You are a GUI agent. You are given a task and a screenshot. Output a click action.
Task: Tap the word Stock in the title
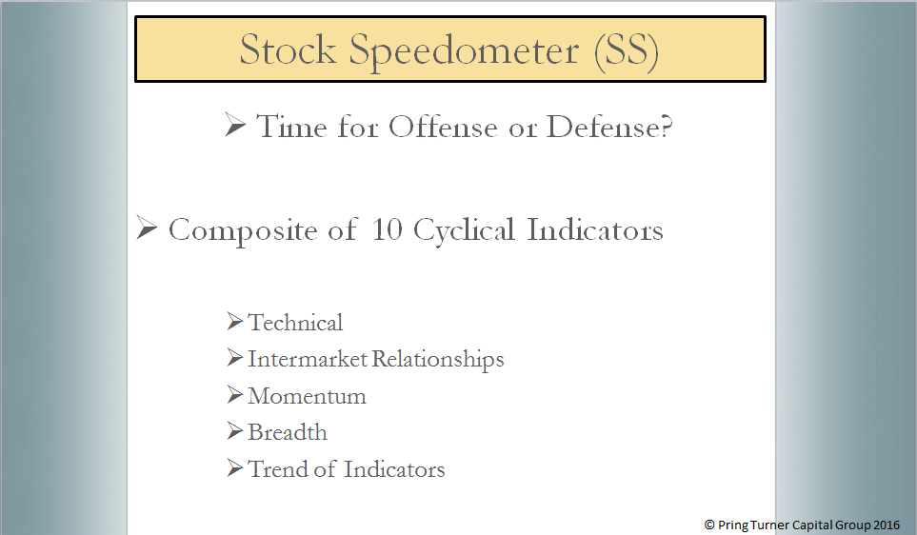click(x=288, y=49)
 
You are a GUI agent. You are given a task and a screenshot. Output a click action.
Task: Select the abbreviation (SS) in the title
click(x=627, y=51)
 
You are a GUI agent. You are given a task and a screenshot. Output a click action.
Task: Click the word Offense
click(x=443, y=127)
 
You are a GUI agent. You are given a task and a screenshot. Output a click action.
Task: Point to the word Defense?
click(x=609, y=127)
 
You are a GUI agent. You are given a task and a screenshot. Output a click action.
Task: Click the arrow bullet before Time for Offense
click(x=235, y=125)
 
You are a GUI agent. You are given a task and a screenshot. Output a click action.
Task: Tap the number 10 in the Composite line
click(x=387, y=229)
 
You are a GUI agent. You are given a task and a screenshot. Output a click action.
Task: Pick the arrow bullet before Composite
click(x=147, y=228)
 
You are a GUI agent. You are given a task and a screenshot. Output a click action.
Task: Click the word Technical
click(x=295, y=322)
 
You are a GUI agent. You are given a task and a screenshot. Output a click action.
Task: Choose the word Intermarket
click(x=308, y=359)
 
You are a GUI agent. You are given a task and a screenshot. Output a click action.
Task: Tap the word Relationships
click(x=438, y=360)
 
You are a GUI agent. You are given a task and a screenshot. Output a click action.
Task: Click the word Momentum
click(x=307, y=396)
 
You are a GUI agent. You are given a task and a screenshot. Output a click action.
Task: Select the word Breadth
click(x=288, y=432)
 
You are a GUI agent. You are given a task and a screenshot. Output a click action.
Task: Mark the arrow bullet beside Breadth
click(x=234, y=431)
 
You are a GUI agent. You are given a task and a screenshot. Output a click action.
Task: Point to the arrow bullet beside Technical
click(x=234, y=321)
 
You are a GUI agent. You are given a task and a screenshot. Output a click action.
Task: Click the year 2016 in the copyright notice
click(x=886, y=525)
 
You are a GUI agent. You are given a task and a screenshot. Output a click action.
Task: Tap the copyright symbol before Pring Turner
click(x=709, y=525)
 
